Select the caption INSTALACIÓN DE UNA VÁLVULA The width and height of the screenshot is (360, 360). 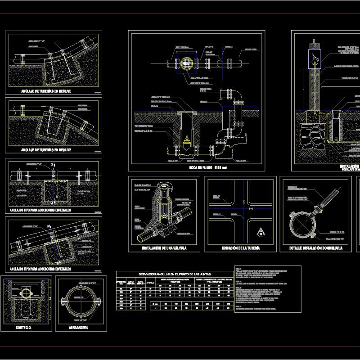click(x=164, y=248)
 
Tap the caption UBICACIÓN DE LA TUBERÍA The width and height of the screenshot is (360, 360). click(x=241, y=248)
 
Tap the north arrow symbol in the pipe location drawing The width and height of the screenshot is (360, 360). click(x=260, y=232)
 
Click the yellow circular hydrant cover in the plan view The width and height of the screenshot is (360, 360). click(x=186, y=63)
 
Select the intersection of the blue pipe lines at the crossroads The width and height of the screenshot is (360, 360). click(x=243, y=208)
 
